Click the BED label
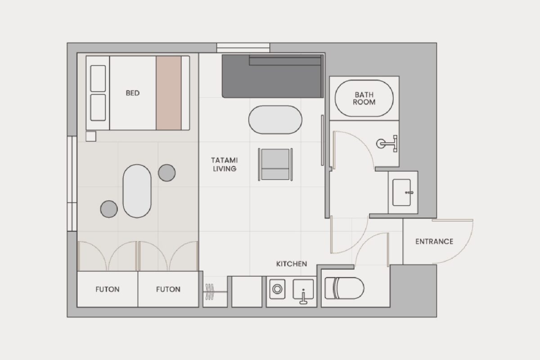click(x=133, y=93)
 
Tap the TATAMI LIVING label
click(x=225, y=164)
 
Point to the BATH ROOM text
click(x=364, y=99)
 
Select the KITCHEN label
click(x=292, y=264)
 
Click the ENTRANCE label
click(x=434, y=241)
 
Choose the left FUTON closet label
click(x=107, y=289)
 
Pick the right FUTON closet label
click(x=168, y=289)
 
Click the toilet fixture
click(x=344, y=288)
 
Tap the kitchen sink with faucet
click(x=303, y=291)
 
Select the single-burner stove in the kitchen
click(x=277, y=289)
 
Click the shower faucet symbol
click(x=387, y=144)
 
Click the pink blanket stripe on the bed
click(x=168, y=93)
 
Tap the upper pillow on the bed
click(x=98, y=79)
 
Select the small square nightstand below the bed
click(x=91, y=136)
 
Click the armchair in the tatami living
click(x=275, y=164)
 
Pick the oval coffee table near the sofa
click(x=275, y=120)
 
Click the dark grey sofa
click(x=273, y=76)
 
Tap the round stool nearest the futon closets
click(x=109, y=209)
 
